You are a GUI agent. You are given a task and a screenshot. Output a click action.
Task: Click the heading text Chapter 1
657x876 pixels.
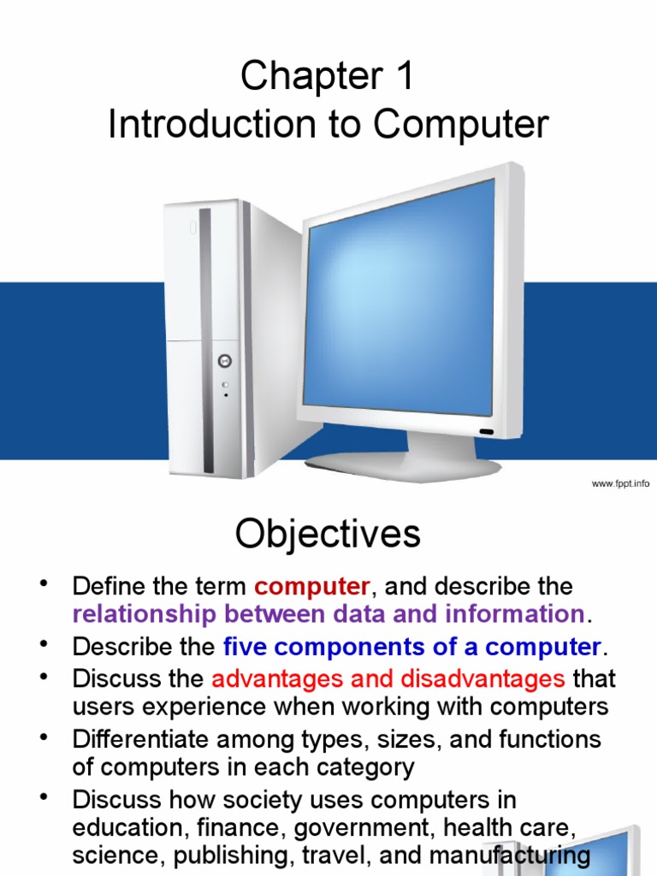328,77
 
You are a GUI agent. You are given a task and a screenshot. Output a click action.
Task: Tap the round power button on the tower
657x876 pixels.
225,361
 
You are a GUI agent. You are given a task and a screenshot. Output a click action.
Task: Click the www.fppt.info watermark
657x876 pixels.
620,484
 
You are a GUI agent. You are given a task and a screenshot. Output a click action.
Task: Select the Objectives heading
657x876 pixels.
328,536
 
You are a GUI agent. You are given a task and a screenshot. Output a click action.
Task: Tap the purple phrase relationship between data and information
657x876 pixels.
328,613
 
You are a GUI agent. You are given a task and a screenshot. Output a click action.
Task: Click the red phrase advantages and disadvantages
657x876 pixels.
388,679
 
